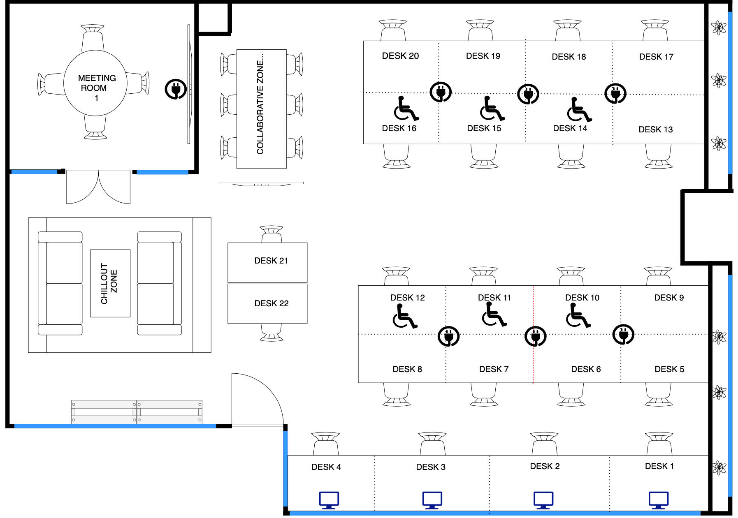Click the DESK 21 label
[271, 261]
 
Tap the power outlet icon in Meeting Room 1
[176, 89]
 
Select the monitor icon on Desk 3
[432, 500]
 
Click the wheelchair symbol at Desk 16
[406, 109]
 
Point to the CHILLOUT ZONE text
[109, 284]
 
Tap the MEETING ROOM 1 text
[96, 88]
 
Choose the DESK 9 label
[669, 298]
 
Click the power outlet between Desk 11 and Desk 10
[535, 337]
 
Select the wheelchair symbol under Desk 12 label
[405, 316]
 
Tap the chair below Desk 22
[272, 333]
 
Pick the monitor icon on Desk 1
[658, 500]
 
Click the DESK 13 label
[655, 129]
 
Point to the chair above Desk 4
[326, 444]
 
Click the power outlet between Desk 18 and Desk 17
[615, 93]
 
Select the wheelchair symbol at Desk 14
[579, 110]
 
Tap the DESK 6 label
[586, 369]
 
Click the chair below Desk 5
[659, 395]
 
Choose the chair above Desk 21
[272, 234]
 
